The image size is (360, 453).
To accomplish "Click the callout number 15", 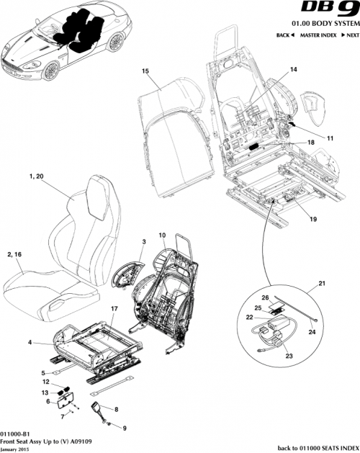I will point(145,71).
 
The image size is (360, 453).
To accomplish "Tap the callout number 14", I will point(294,69).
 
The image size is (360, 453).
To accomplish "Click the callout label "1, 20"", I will point(37,176).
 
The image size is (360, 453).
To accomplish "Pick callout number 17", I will point(113,308).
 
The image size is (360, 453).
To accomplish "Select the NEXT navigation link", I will point(350,35).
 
